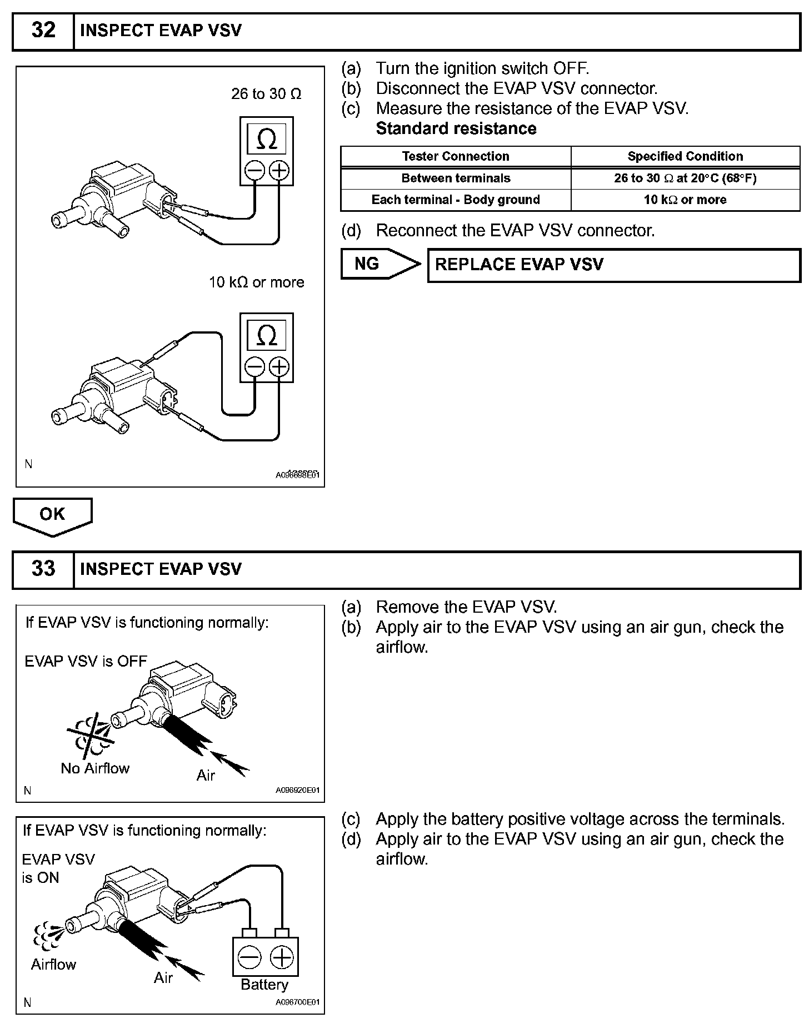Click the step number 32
(43, 30)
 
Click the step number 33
(43, 569)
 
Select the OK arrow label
(52, 514)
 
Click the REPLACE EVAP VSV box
(613, 265)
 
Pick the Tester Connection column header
(456, 156)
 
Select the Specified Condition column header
(685, 156)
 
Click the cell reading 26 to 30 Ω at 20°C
(685, 178)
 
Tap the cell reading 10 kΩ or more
(685, 200)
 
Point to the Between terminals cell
(456, 178)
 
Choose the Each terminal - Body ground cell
(456, 200)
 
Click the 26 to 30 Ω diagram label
(266, 94)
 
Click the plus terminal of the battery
(282, 958)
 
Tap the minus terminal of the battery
(249, 958)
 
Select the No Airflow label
(95, 768)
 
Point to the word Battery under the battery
(264, 985)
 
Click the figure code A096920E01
(298, 790)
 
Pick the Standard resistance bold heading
(456, 128)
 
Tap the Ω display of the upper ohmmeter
(267, 139)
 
